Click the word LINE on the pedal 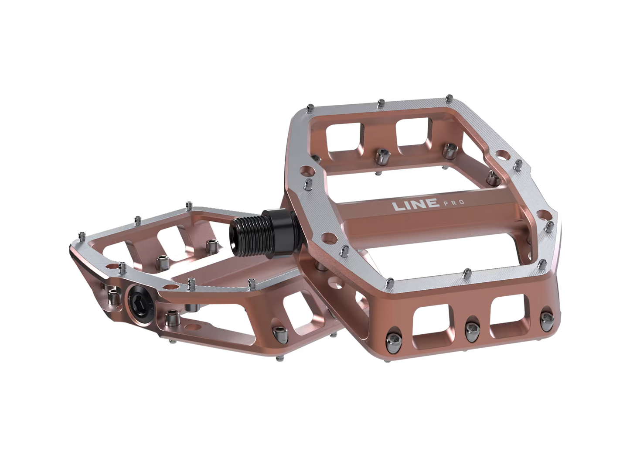pos(416,205)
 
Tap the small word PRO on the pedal pos(454,202)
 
